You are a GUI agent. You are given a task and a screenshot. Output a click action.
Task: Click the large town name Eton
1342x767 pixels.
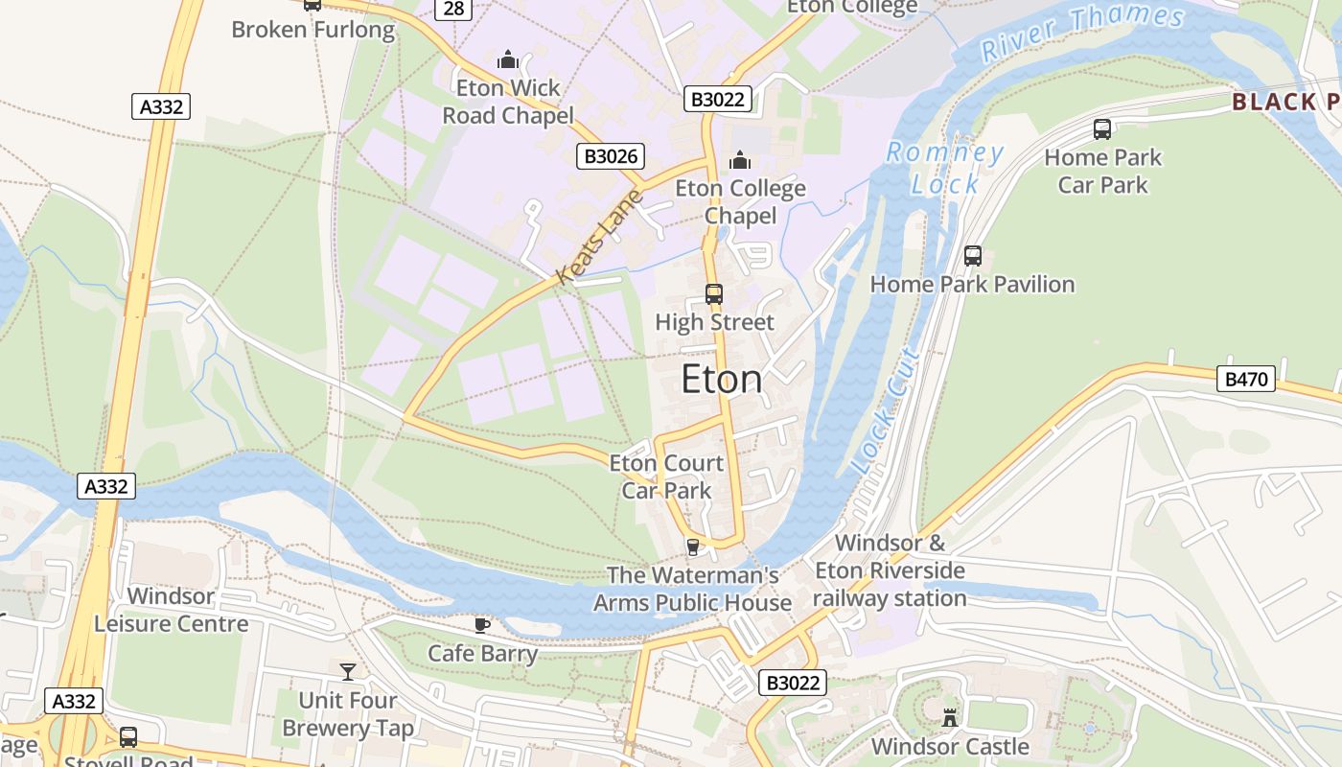(x=722, y=380)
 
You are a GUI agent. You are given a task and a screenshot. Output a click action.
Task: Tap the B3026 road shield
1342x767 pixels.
(x=610, y=156)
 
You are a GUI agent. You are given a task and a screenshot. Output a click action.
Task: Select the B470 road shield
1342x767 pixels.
(x=1246, y=380)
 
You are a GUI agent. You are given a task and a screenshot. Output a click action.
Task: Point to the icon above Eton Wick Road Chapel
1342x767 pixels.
(x=508, y=60)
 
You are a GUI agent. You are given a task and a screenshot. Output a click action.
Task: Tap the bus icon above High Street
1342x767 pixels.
(x=714, y=294)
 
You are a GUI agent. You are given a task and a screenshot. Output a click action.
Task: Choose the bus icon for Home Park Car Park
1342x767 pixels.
(x=1102, y=129)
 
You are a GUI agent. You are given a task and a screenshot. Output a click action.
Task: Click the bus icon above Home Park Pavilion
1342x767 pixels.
(x=973, y=256)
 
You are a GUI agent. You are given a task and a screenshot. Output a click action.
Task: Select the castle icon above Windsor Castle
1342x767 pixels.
(x=950, y=717)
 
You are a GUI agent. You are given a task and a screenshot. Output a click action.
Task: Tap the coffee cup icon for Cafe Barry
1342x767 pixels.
(x=482, y=625)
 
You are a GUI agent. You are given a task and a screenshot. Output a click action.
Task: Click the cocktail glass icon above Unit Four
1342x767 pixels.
(x=348, y=671)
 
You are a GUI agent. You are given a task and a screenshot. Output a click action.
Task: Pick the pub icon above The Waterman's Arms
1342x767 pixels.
(x=692, y=546)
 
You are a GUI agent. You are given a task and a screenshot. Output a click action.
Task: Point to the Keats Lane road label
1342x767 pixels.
(x=598, y=237)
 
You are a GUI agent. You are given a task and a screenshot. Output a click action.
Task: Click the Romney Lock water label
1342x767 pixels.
(x=944, y=168)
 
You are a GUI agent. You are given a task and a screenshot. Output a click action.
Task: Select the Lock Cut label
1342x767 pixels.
(x=885, y=410)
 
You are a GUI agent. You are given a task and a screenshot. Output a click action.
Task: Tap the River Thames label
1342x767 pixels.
(x=1083, y=31)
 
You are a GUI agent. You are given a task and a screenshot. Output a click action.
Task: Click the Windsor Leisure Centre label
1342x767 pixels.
(x=171, y=610)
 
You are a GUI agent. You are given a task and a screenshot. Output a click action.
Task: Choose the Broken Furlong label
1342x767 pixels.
(x=312, y=30)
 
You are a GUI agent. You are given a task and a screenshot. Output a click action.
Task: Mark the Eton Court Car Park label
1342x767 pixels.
(x=666, y=476)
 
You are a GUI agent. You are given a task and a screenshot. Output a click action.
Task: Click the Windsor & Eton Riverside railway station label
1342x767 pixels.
(x=890, y=570)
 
